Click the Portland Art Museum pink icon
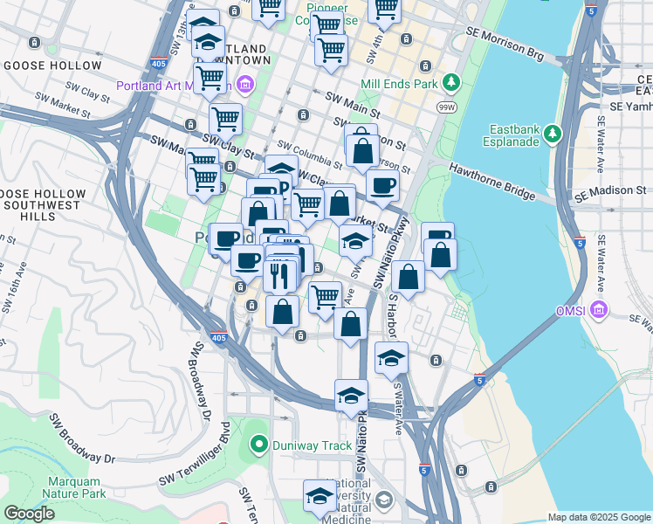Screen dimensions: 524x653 point(245,86)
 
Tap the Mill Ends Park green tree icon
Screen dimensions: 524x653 point(450,83)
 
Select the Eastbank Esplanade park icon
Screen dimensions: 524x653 point(552,134)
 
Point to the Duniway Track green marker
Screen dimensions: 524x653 point(258,445)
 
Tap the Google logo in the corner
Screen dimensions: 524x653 point(30,514)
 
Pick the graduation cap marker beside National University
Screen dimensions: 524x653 point(320,496)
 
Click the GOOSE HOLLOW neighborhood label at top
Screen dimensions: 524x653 point(52,65)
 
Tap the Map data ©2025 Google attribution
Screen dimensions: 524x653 point(598,517)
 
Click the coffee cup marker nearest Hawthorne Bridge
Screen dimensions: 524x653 point(381,185)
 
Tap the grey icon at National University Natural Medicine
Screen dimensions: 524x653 point(385,500)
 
